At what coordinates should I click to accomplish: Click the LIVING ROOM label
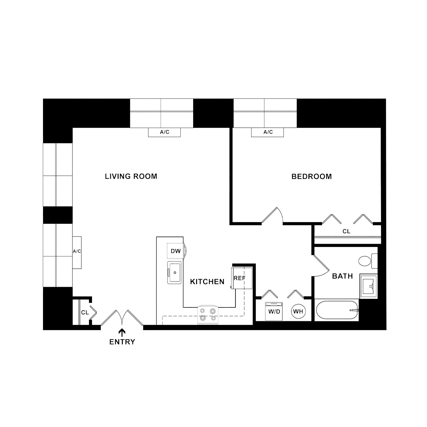pyautogui.click(x=131, y=176)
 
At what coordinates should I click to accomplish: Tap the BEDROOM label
pyautogui.click(x=312, y=176)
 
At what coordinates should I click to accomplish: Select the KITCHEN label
pyautogui.click(x=207, y=281)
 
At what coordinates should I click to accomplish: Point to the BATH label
pyautogui.click(x=342, y=276)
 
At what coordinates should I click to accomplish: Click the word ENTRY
pyautogui.click(x=122, y=342)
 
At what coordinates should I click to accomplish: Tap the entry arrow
pyautogui.click(x=122, y=333)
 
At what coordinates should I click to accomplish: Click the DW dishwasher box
pyautogui.click(x=176, y=251)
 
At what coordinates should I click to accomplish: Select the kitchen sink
pyautogui.click(x=174, y=273)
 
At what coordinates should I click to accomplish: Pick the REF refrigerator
pyautogui.click(x=241, y=278)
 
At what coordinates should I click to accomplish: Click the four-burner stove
pyautogui.click(x=208, y=315)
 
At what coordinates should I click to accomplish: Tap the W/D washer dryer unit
pyautogui.click(x=274, y=311)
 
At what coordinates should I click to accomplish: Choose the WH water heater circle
pyautogui.click(x=298, y=311)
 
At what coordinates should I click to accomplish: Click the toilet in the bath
pyautogui.click(x=368, y=261)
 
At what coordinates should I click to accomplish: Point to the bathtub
pyautogui.click(x=337, y=310)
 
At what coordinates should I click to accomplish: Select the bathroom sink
pyautogui.click(x=369, y=286)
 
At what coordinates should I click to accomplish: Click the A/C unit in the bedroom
pyautogui.click(x=267, y=132)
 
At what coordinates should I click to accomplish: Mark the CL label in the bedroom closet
pyautogui.click(x=346, y=231)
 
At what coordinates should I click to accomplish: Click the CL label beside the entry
pyautogui.click(x=85, y=312)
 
